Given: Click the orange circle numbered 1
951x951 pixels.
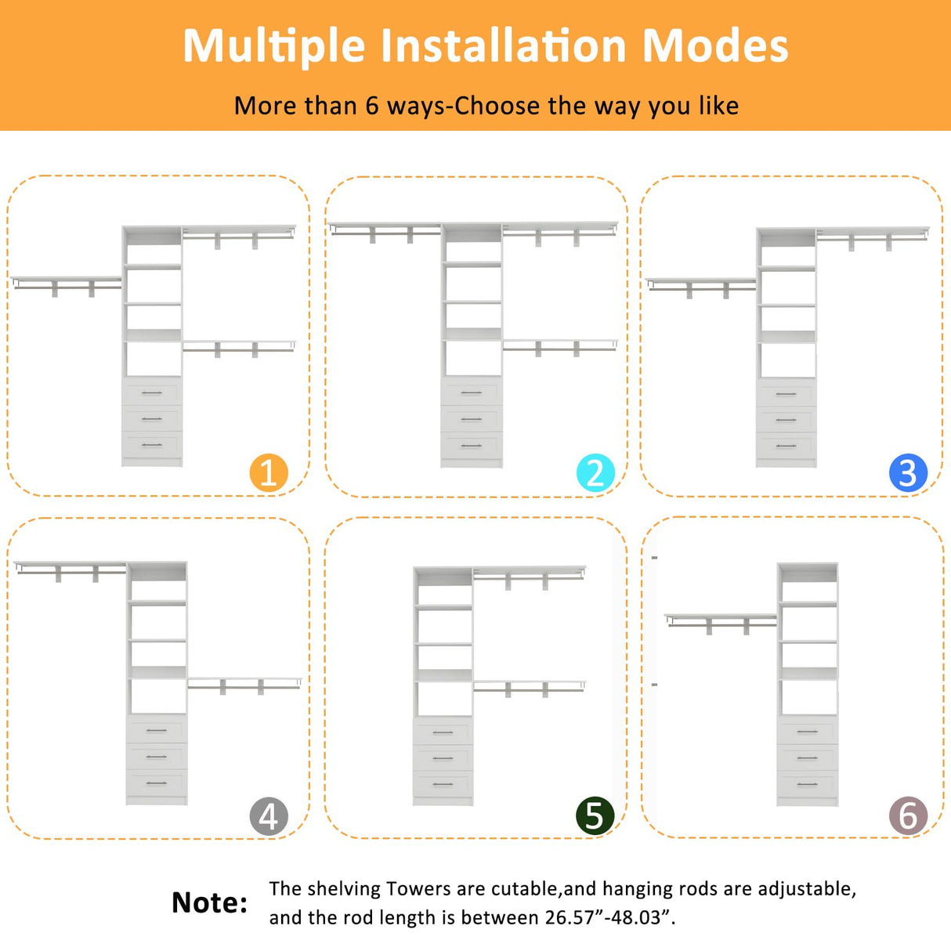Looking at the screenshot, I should [x=269, y=473].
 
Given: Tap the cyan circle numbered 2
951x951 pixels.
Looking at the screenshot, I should [x=595, y=473].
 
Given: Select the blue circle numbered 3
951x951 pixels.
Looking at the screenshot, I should [x=908, y=473].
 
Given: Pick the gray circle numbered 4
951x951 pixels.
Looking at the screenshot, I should [x=269, y=816].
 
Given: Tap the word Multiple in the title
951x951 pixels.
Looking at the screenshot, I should [x=274, y=47].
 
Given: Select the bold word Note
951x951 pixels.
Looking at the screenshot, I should [x=209, y=902].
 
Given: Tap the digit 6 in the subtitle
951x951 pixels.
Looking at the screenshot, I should [x=372, y=106].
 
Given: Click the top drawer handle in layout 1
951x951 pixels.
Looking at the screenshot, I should [x=152, y=393].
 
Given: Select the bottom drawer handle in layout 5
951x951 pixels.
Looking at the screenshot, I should [x=443, y=784].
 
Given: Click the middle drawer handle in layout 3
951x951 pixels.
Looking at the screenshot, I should [x=786, y=420].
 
